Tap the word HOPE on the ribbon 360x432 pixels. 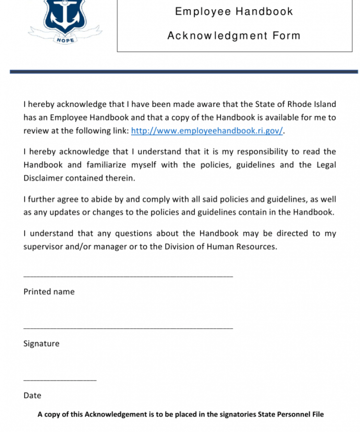point(65,40)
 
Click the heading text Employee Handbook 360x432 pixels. point(234,12)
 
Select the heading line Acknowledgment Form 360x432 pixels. point(234,36)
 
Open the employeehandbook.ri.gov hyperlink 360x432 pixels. point(207,131)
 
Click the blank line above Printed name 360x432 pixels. point(128,276)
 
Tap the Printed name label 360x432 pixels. point(49,292)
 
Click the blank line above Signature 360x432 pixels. point(128,328)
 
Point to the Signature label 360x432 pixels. point(41,344)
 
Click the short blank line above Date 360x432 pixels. point(60,380)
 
